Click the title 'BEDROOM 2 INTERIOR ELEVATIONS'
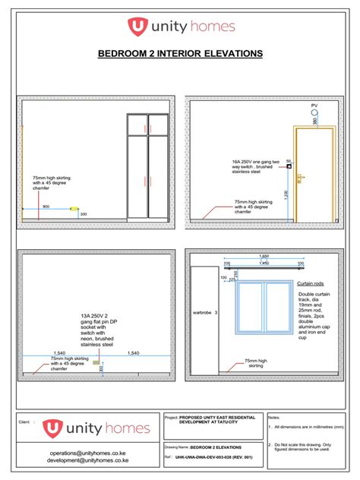[180, 54]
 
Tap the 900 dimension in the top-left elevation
[46, 206]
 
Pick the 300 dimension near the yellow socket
[83, 214]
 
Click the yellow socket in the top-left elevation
[74, 208]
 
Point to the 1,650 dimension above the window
[264, 257]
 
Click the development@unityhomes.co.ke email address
[88, 460]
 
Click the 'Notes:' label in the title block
[275, 418]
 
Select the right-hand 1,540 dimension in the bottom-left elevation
[134, 353]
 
